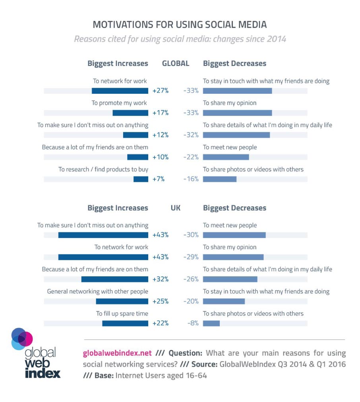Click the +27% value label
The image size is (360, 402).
point(161,91)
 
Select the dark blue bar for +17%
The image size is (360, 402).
point(130,113)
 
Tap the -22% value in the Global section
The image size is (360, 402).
point(191,157)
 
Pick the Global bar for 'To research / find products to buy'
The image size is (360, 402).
point(141,179)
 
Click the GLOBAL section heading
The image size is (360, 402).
point(176,63)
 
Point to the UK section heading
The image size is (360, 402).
point(176,208)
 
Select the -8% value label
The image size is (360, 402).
point(193,323)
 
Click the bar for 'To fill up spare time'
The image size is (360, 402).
point(125,323)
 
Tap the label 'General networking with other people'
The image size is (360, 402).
point(97,292)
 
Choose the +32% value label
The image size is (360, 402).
point(161,279)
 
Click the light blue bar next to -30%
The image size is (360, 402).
point(234,235)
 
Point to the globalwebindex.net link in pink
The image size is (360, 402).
point(117,353)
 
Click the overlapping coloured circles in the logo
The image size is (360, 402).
point(22,339)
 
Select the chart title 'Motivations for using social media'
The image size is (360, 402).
point(180,25)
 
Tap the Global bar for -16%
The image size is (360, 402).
point(220,179)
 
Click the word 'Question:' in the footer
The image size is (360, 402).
point(186,353)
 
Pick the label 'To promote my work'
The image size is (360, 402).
point(119,103)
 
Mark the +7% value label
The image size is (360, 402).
point(159,179)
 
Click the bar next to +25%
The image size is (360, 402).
point(122,301)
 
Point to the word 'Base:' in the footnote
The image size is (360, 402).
point(104,375)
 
